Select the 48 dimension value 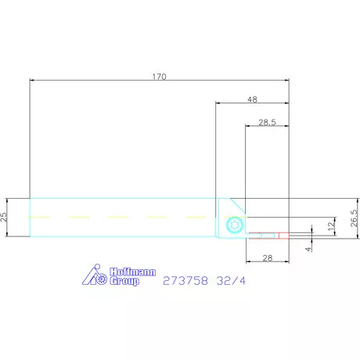coord(251,99)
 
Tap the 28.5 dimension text coord(267,122)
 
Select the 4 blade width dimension coord(309,248)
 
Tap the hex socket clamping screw coord(233,227)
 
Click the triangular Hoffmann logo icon coord(95,275)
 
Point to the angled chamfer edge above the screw coord(237,205)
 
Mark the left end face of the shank coord(30,216)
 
